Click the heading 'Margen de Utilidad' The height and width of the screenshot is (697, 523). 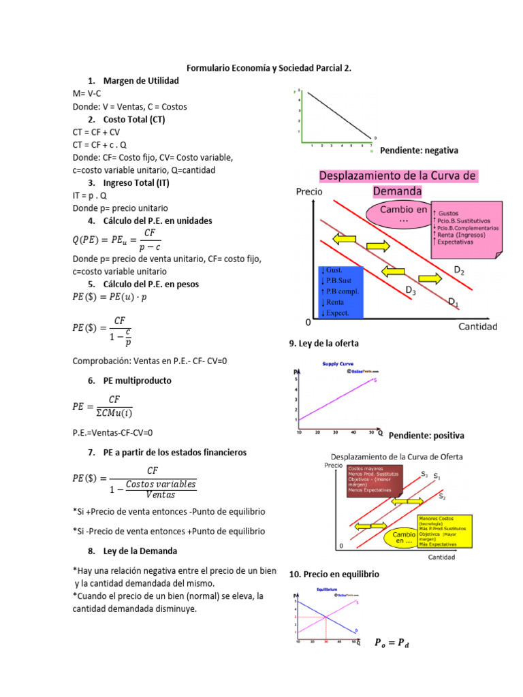[141, 81]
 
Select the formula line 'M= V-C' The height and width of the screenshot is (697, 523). [87, 94]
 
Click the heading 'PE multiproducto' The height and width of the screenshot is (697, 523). [137, 380]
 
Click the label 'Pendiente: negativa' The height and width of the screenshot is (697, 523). [419, 150]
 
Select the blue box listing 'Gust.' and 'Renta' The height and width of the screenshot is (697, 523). [341, 292]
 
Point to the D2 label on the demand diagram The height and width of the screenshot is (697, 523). [459, 271]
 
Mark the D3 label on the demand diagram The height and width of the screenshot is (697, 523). [411, 291]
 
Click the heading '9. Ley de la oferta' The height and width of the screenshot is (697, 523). [323, 344]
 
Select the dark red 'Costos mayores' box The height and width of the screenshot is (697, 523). [375, 481]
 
